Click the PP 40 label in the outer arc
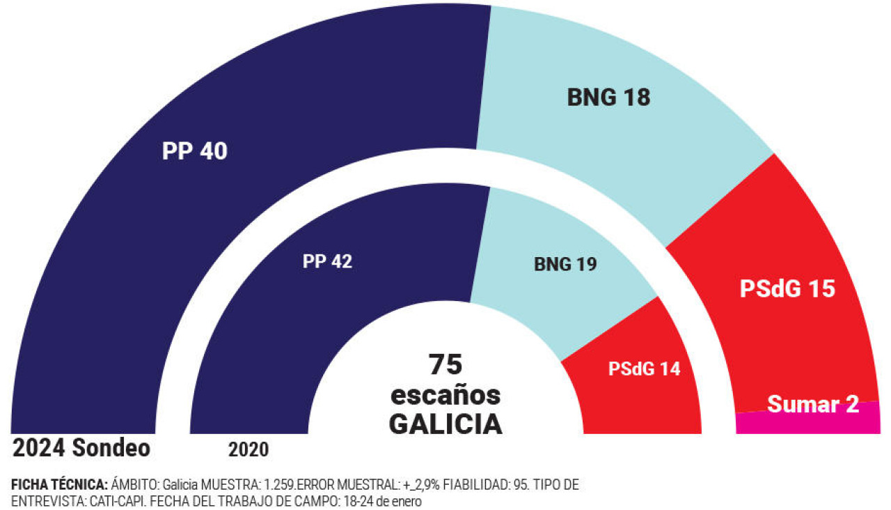[194, 151]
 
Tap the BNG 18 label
[608, 97]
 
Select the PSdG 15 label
[787, 288]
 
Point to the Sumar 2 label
[813, 404]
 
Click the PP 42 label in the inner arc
[327, 261]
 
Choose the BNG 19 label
[565, 264]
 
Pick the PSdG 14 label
[644, 369]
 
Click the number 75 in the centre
[445, 364]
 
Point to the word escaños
[445, 395]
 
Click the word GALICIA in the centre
[445, 424]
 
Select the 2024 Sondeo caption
[81, 448]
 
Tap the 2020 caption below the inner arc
[249, 449]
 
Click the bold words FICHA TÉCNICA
[60, 484]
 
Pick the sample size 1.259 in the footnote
[279, 485]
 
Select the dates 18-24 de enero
[383, 501]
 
